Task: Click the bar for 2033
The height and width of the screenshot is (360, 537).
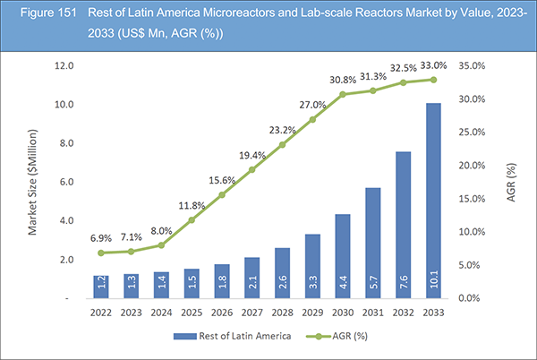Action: coord(432,201)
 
